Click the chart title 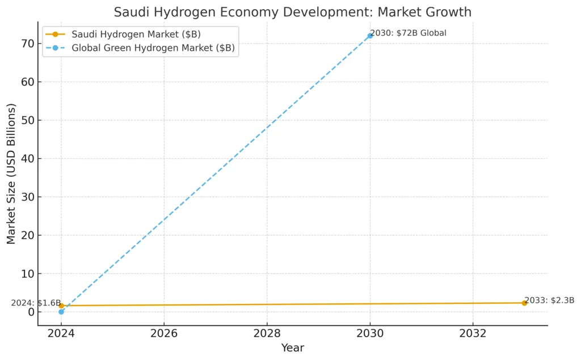point(292,11)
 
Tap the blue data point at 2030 point(370,36)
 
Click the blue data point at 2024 point(61,312)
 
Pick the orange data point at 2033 point(524,303)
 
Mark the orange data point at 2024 point(61,306)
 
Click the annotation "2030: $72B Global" point(409,33)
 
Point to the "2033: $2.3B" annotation point(549,300)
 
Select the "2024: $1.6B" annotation point(35,303)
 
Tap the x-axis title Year point(293,348)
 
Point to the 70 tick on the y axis point(27,44)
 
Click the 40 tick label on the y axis point(27,159)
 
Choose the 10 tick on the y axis point(27,274)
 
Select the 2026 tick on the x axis point(164,333)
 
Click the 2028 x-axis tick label point(267,333)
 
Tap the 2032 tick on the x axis point(473,333)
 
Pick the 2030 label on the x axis point(370,333)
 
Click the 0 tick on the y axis point(30,312)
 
